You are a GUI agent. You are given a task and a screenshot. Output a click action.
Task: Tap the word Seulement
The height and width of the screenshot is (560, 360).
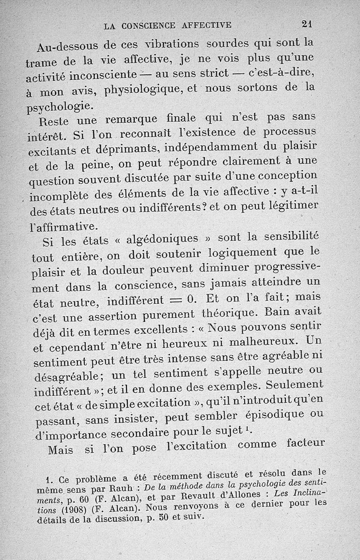tap(295, 385)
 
